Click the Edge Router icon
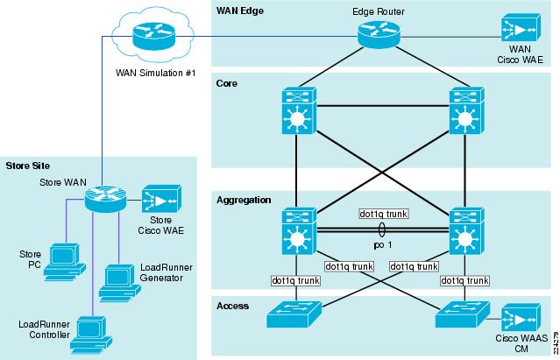click(x=379, y=34)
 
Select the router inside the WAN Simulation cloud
click(x=154, y=36)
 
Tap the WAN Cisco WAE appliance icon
click(x=521, y=28)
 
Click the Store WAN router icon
click(x=106, y=198)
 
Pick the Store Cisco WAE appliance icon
click(x=161, y=199)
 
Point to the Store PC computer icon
click(x=64, y=262)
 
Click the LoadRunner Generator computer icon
click(x=119, y=283)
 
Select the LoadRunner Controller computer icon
click(x=91, y=335)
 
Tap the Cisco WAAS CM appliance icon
click(x=521, y=318)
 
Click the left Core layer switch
click(x=299, y=110)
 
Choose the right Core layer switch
click(x=466, y=110)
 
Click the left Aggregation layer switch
click(x=299, y=231)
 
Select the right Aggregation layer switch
click(x=466, y=231)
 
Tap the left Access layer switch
click(x=294, y=314)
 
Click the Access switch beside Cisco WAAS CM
click(x=463, y=314)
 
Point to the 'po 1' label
click(x=382, y=245)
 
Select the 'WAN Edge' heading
click(x=240, y=11)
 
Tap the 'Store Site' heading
click(x=27, y=166)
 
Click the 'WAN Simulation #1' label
click(x=156, y=73)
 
